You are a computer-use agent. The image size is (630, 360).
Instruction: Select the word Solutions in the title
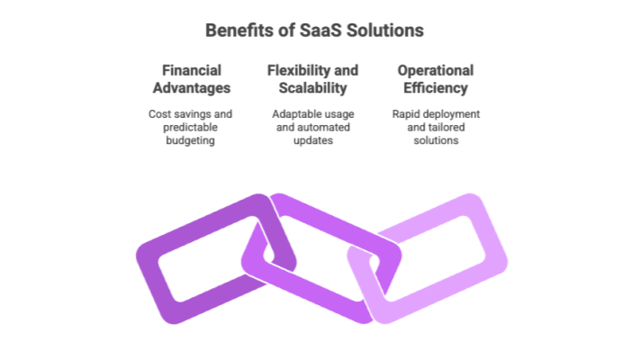pyautogui.click(x=380, y=31)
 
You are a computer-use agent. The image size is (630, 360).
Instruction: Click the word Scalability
pyautogui.click(x=314, y=88)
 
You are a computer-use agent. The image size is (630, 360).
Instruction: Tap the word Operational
pyautogui.click(x=436, y=70)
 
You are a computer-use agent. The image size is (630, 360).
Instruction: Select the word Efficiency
pyautogui.click(x=436, y=88)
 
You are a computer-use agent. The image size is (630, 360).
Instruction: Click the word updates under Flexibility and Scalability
pyautogui.click(x=314, y=142)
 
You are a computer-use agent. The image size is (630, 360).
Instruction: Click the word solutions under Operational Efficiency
pyautogui.click(x=436, y=142)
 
